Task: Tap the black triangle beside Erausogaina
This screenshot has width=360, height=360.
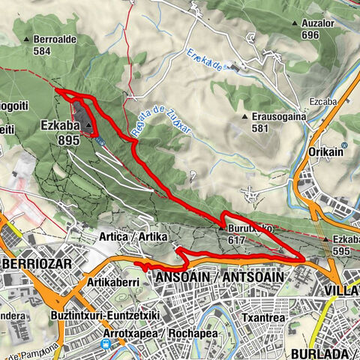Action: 245,117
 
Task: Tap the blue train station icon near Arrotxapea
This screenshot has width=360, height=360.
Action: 106,344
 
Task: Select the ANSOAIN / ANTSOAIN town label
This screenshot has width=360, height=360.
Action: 219,277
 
